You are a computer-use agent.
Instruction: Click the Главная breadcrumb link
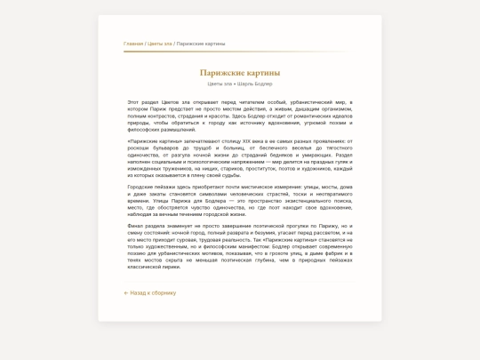tap(133, 43)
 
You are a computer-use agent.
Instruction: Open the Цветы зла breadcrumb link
tap(160, 43)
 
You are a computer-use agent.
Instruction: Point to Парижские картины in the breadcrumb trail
tap(200, 43)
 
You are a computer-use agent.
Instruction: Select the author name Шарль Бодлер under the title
tap(257, 84)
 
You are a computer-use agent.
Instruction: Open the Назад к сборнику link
tap(153, 292)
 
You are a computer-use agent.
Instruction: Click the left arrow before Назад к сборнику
tap(126, 292)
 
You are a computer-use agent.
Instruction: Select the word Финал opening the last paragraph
tap(135, 226)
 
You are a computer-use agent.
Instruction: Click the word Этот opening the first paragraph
tap(133, 102)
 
